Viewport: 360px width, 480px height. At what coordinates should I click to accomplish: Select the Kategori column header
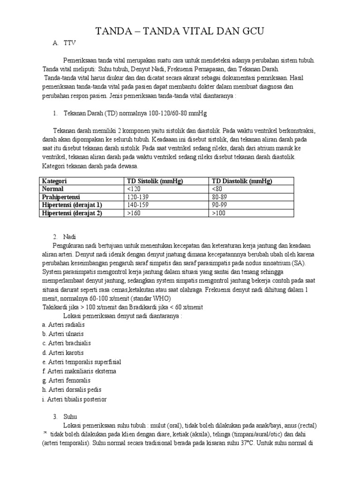tap(55, 181)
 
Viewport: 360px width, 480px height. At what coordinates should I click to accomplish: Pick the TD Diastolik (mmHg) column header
tap(242, 181)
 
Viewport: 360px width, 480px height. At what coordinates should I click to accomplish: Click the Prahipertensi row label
tap(62, 197)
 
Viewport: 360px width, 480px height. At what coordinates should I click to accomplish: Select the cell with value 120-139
tap(139, 197)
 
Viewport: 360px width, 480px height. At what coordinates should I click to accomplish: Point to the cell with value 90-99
tap(219, 205)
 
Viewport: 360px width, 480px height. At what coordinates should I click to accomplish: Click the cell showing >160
tap(134, 213)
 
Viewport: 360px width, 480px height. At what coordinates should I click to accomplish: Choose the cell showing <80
tap(217, 189)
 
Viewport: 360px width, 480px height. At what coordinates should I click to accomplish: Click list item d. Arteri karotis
tap(63, 352)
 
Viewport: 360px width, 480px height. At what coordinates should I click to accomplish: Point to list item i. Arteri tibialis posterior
tap(74, 398)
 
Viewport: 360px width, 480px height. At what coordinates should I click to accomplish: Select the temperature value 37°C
tap(245, 443)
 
